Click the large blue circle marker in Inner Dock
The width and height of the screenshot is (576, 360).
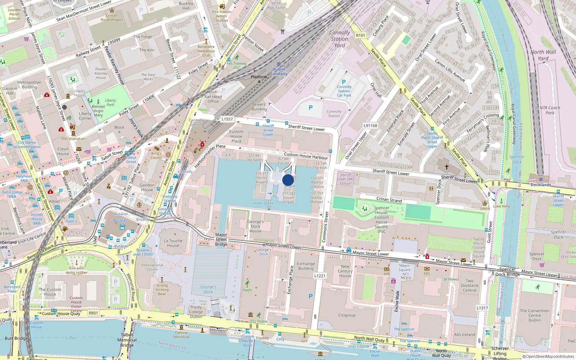point(288,180)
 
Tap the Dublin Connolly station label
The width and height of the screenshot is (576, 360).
point(279,72)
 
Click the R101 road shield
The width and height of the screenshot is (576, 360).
point(360,35)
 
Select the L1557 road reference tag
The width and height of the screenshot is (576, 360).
point(227,119)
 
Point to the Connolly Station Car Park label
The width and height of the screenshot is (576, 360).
point(344,91)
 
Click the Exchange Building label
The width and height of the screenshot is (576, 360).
point(306,266)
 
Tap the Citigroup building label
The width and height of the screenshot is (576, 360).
point(347,315)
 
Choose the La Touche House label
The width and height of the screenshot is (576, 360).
point(173,243)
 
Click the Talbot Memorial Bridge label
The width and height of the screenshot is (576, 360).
point(127,340)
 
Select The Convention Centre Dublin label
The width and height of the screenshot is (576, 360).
point(535,315)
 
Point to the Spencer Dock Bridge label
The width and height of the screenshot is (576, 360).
point(507,272)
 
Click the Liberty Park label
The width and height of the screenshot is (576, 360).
point(110,103)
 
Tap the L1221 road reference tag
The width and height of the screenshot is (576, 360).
point(320,276)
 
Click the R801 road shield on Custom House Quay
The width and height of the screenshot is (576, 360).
point(93,313)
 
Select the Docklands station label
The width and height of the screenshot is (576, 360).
point(541,185)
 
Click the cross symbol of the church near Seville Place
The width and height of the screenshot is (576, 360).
point(447,167)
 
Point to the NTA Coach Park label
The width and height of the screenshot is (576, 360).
point(550,110)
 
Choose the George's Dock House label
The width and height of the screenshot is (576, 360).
point(256,226)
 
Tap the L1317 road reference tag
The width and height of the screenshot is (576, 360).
point(482,308)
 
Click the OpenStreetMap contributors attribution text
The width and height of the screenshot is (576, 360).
point(548,357)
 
